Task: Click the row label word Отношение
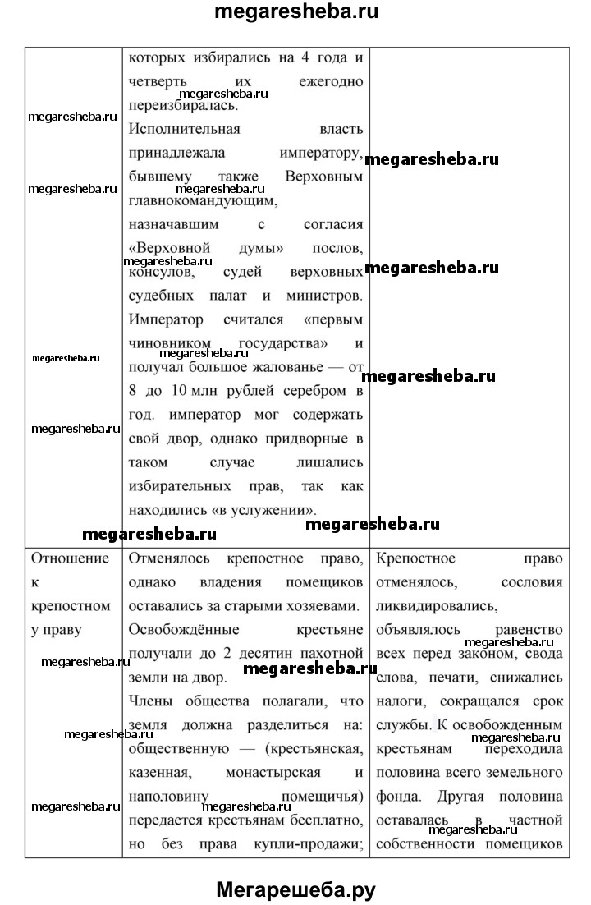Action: [69, 559]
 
